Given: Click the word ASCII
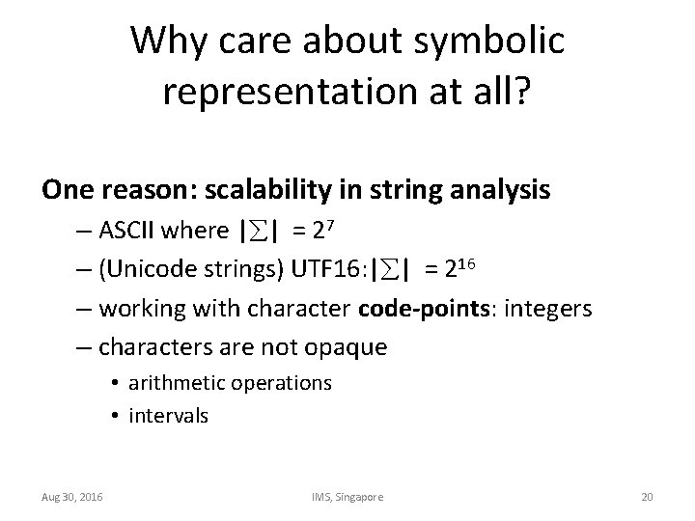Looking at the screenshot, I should point(128,233).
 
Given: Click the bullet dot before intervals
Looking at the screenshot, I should point(115,417).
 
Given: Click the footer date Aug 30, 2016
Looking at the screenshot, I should point(73,496).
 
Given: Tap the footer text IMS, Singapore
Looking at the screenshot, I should point(347,496).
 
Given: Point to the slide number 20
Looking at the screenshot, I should point(647,496).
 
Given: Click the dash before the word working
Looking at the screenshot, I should point(83,309).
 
